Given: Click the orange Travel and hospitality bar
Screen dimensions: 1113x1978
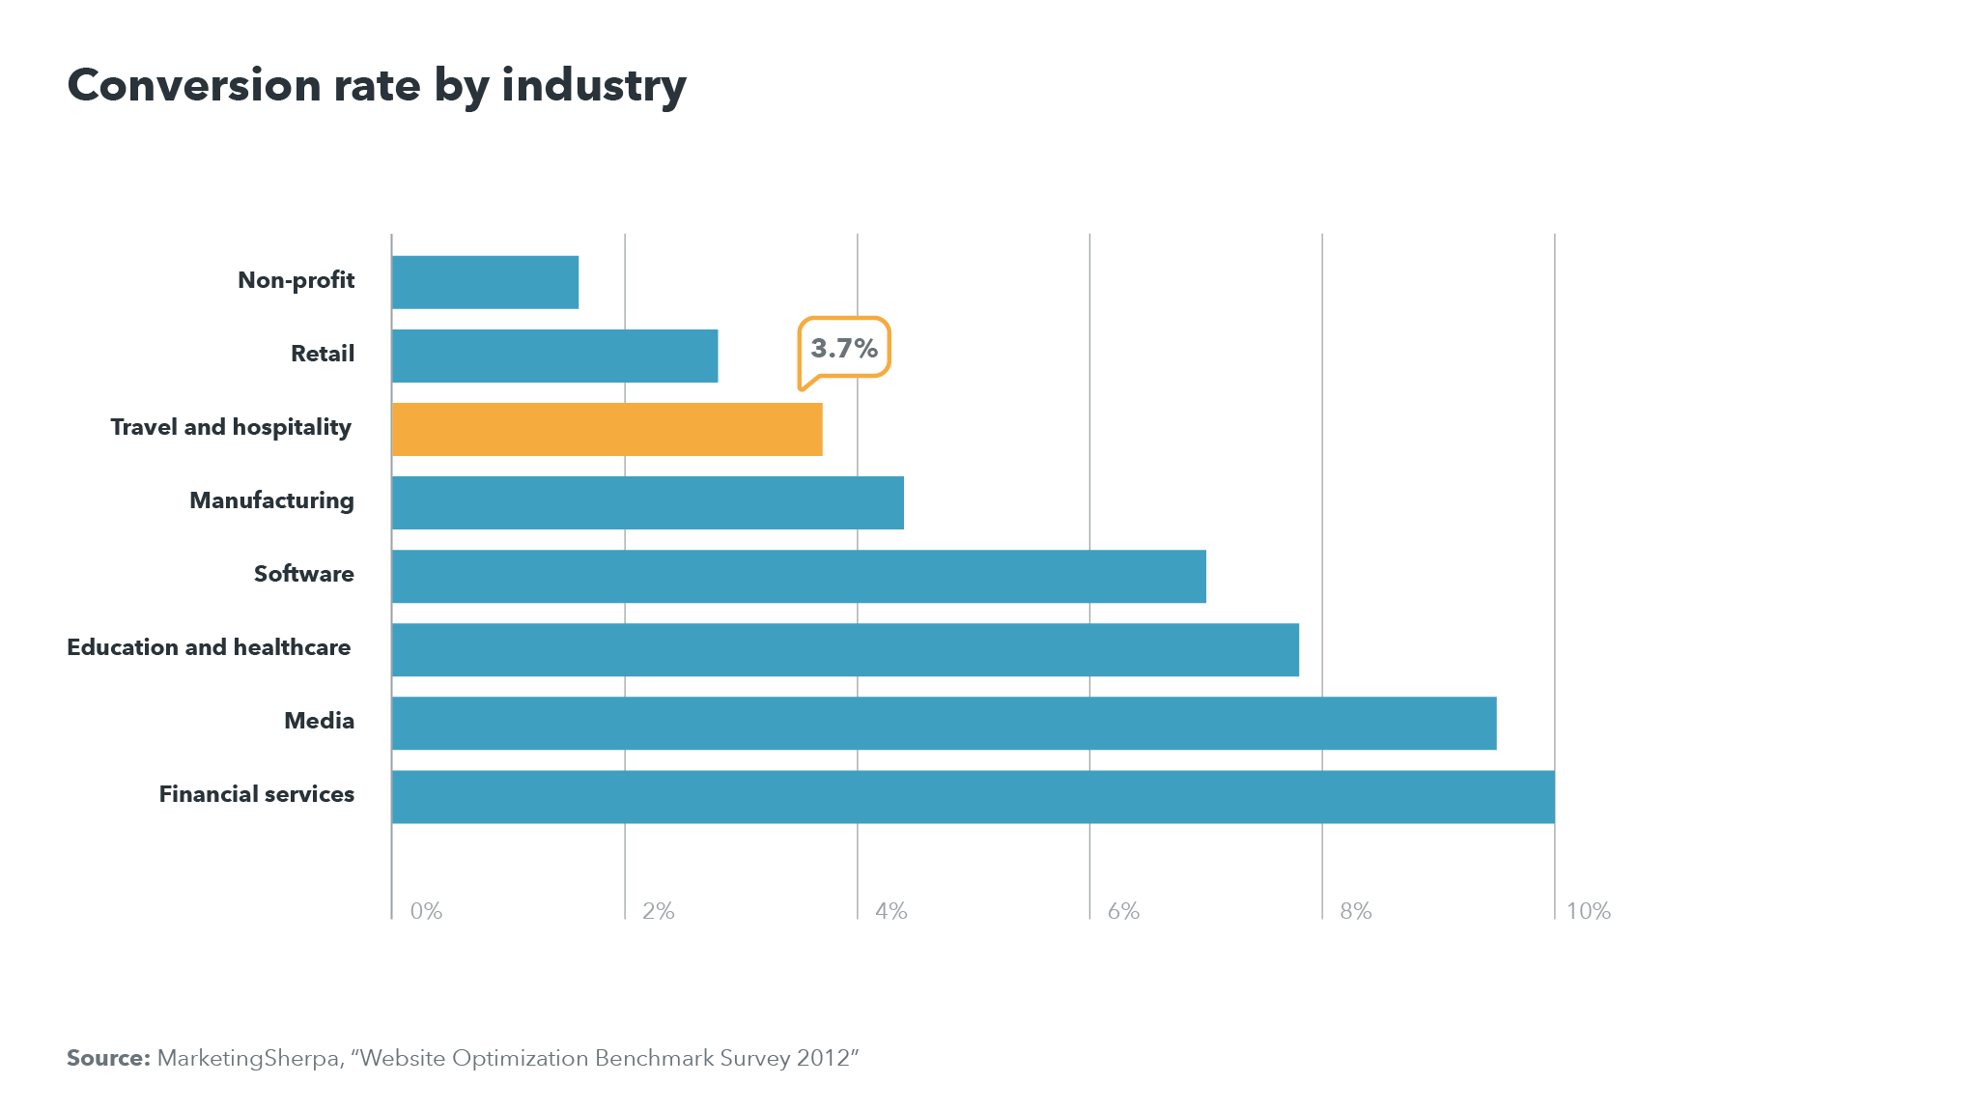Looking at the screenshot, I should coord(607,429).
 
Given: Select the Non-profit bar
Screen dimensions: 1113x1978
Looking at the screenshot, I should coord(485,282).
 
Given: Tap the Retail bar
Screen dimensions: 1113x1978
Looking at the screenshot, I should coord(554,356).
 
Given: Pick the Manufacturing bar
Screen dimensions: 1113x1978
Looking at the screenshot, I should coord(647,502).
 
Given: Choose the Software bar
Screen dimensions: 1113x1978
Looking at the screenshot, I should coord(799,576).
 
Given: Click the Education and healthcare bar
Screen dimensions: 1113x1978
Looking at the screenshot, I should coord(845,649).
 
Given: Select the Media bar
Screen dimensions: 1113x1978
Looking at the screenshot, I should coord(944,723).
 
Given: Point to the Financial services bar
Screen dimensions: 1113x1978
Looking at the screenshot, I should coord(973,796).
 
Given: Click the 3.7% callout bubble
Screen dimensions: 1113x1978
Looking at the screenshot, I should coord(844,348).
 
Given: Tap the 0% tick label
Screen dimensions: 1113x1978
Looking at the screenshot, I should coord(426,911).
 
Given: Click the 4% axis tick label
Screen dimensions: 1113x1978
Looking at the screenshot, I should coord(890,911).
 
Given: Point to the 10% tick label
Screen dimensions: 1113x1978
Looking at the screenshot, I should coord(1588,911).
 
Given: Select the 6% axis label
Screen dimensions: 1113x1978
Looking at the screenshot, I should coord(1123,911).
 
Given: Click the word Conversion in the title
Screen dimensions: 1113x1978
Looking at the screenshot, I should coord(194,85).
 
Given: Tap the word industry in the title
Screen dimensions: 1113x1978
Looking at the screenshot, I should coord(593,85).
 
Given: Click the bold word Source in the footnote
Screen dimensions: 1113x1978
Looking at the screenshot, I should coord(107,1058).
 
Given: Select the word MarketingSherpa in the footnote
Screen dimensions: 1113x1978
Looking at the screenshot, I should coord(248,1058).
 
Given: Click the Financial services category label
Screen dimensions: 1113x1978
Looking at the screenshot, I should coord(256,794).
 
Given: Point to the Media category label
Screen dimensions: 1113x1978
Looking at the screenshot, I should coord(319,721).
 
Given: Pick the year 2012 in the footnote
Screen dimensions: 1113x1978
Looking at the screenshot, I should coord(822,1058).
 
